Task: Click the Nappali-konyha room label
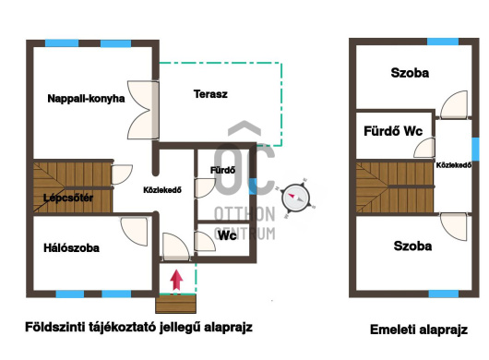(x=86, y=99)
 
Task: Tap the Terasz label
(x=210, y=94)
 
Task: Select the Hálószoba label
(x=71, y=248)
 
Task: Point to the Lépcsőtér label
(x=68, y=198)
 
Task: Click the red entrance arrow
(x=176, y=280)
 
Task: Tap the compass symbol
(x=295, y=198)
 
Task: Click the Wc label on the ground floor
(x=227, y=235)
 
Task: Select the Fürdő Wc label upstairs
(x=393, y=131)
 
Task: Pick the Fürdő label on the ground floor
(x=222, y=171)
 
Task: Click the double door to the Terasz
(x=143, y=110)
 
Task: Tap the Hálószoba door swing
(x=135, y=232)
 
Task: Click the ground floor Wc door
(x=205, y=241)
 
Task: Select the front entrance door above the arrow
(x=176, y=246)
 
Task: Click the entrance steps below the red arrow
(x=176, y=304)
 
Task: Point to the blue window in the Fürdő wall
(x=253, y=186)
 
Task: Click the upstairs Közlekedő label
(x=453, y=165)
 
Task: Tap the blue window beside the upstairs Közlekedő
(x=475, y=150)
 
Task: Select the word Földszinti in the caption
(x=54, y=328)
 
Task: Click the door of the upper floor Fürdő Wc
(x=424, y=148)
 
